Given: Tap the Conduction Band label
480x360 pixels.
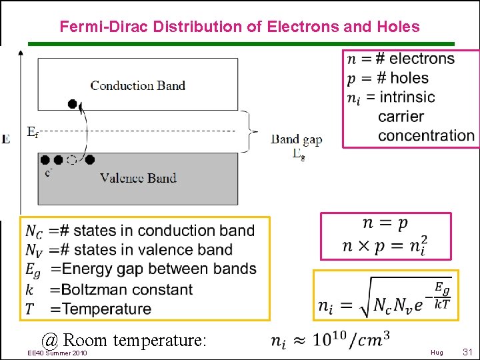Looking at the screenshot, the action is (x=137, y=85).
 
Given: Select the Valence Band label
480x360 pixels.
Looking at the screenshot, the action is (x=138, y=178).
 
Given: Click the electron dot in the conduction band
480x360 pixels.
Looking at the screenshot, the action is (x=73, y=104).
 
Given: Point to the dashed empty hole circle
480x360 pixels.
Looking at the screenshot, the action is (x=72, y=160).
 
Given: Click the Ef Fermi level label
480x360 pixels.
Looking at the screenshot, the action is (x=32, y=132).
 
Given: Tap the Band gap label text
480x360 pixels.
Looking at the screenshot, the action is (x=296, y=139).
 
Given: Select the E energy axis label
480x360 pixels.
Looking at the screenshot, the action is (x=6, y=139).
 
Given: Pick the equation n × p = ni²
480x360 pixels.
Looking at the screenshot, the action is (x=385, y=246).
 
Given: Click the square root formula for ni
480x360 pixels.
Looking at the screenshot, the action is (x=385, y=297).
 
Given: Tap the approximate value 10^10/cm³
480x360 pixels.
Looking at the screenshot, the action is (x=357, y=341).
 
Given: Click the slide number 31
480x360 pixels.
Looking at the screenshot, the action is (x=467, y=351).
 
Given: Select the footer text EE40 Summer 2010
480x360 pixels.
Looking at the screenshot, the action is (x=57, y=352).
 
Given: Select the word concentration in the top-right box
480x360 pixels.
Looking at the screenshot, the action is (x=426, y=135).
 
